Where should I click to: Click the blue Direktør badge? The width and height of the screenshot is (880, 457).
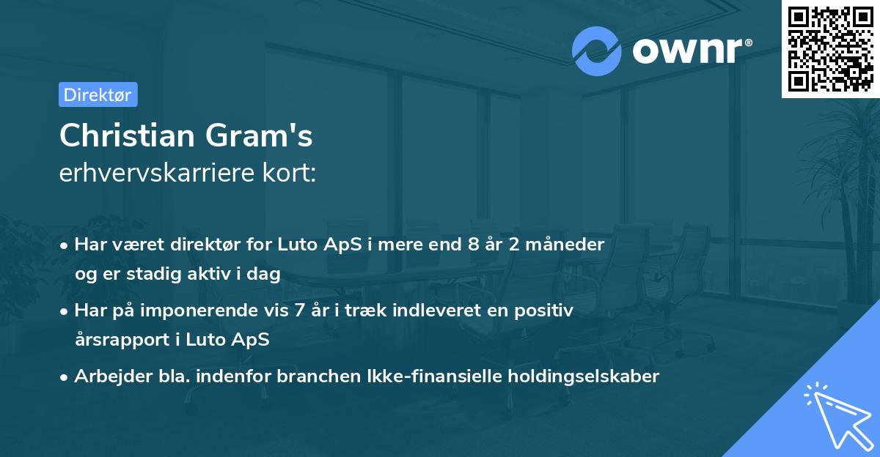tap(98, 94)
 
